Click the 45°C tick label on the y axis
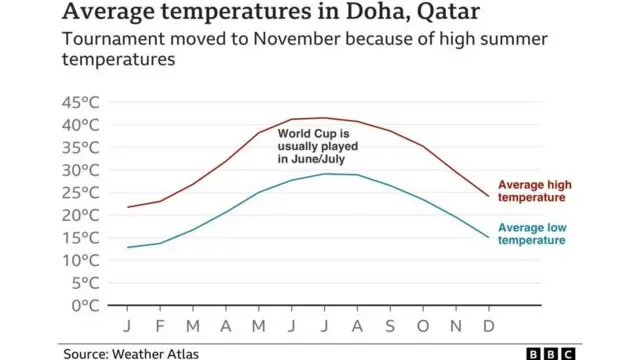pos(81,102)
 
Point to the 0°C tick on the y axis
pos(86,305)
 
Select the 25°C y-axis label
pos(81,192)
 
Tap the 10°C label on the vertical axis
pos(81,260)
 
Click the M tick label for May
pos(259,327)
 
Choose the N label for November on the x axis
pos(456,327)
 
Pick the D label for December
pos(489,327)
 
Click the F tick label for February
pos(160,327)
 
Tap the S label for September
pos(390,327)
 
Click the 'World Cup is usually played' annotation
pos(319,146)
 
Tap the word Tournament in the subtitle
pos(108,40)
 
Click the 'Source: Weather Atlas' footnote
pos(132,353)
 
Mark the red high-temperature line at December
pos(488,196)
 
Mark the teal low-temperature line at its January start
pos(128,247)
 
